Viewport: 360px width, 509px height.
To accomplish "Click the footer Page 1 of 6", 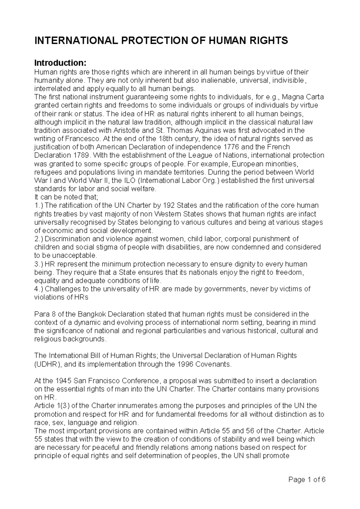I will [x=307, y=479].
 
